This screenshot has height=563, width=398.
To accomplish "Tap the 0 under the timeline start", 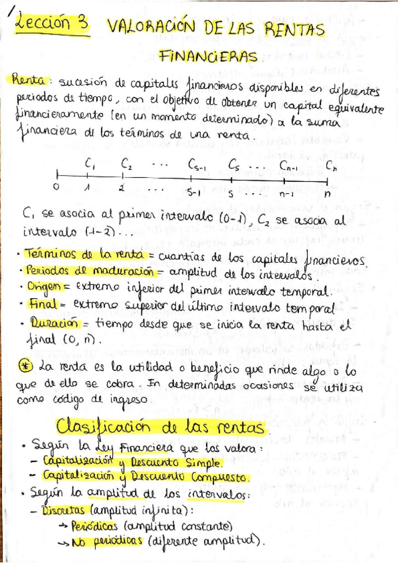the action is (x=56, y=188).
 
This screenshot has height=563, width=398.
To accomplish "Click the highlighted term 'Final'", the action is (x=41, y=304).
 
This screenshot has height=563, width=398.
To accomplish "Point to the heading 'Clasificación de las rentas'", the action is (x=161, y=425).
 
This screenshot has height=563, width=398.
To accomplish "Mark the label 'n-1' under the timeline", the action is (x=286, y=195).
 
